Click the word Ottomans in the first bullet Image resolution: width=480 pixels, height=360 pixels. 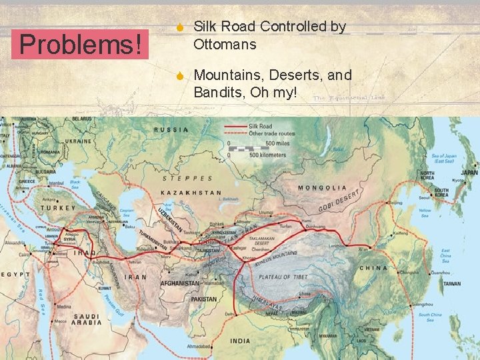click(224, 45)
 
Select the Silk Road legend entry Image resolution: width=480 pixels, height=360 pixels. click(260, 125)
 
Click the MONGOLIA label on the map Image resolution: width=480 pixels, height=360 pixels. click(321, 188)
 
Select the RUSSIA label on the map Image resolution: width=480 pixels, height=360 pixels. click(171, 129)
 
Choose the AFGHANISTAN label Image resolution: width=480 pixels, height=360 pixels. click(180, 283)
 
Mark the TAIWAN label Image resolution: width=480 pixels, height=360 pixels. click(451, 283)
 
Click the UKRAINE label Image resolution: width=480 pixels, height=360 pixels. click(78, 141)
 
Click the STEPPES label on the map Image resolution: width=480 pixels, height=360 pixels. click(188, 178)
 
